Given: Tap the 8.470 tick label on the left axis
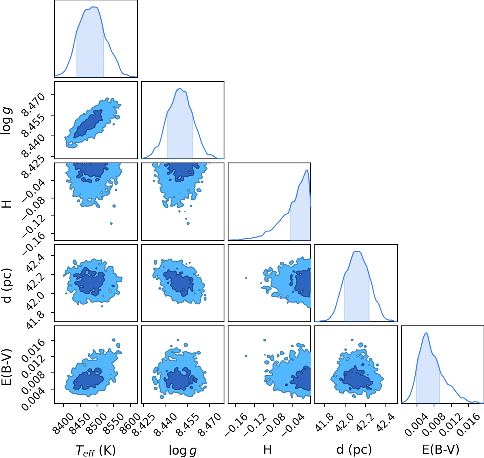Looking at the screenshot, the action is click(33, 104).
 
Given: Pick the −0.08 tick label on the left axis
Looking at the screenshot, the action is click(34, 206).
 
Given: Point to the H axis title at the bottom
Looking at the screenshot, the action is click(267, 449).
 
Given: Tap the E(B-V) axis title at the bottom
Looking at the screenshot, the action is click(441, 450).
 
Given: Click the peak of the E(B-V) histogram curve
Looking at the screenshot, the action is click(426, 333).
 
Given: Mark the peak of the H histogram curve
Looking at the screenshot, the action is click(307, 170).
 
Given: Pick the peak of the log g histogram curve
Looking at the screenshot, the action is click(180, 88).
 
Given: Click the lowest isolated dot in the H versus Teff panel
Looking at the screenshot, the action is click(111, 223).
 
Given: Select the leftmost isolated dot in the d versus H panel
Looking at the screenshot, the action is click(246, 278).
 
